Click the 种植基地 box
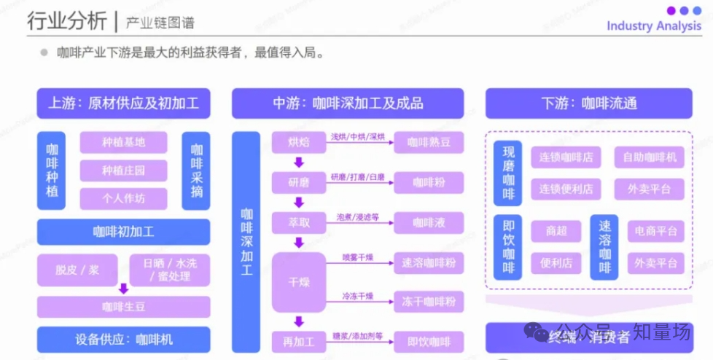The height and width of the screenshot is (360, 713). click(x=123, y=142)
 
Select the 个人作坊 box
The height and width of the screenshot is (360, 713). click(x=123, y=198)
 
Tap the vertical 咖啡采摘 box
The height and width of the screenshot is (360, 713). click(x=196, y=171)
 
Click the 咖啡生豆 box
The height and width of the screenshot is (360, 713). click(x=123, y=307)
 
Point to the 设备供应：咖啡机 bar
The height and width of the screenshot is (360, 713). click(x=123, y=339)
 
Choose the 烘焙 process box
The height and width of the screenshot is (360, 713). click(x=298, y=142)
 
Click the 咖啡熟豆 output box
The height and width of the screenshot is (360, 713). click(x=429, y=142)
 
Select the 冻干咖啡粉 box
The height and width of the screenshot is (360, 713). click(x=429, y=301)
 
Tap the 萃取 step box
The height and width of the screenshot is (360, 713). click(x=298, y=222)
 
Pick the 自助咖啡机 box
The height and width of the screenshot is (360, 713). click(x=649, y=157)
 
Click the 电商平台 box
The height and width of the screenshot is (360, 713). click(x=655, y=232)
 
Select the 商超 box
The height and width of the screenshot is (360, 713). click(x=556, y=232)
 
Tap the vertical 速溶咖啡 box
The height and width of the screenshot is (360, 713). click(x=604, y=247)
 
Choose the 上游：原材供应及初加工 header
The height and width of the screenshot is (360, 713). click(x=123, y=103)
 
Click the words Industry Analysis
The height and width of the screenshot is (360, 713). click(x=654, y=26)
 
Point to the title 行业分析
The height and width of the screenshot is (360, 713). click(x=67, y=22)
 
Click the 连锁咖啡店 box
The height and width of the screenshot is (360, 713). click(x=566, y=157)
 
